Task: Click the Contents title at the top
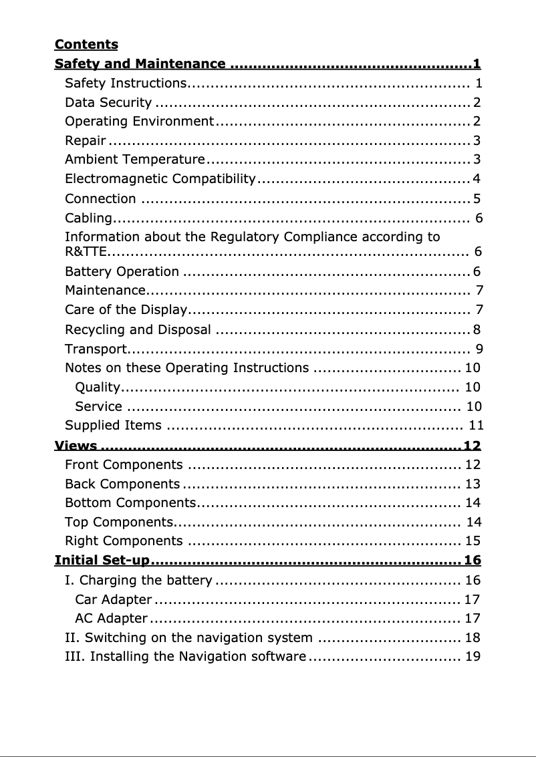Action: pos(86,45)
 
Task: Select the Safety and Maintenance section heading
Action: pos(140,64)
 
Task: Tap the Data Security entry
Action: pos(108,103)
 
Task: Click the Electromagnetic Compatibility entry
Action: pos(160,179)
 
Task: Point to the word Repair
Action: pos(86,141)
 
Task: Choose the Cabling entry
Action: pos(88,218)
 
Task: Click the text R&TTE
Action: pos(80,252)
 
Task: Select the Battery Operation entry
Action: pos(122,272)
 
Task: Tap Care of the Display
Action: pos(125,310)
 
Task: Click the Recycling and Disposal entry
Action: pos(138,330)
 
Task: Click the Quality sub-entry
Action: pos(98,388)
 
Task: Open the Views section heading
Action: pos(76,446)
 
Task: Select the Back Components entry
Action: pos(122,484)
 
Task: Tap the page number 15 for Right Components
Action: pos(473,541)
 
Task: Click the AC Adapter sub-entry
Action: pos(112,619)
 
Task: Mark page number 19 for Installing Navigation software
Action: pos(473,657)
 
